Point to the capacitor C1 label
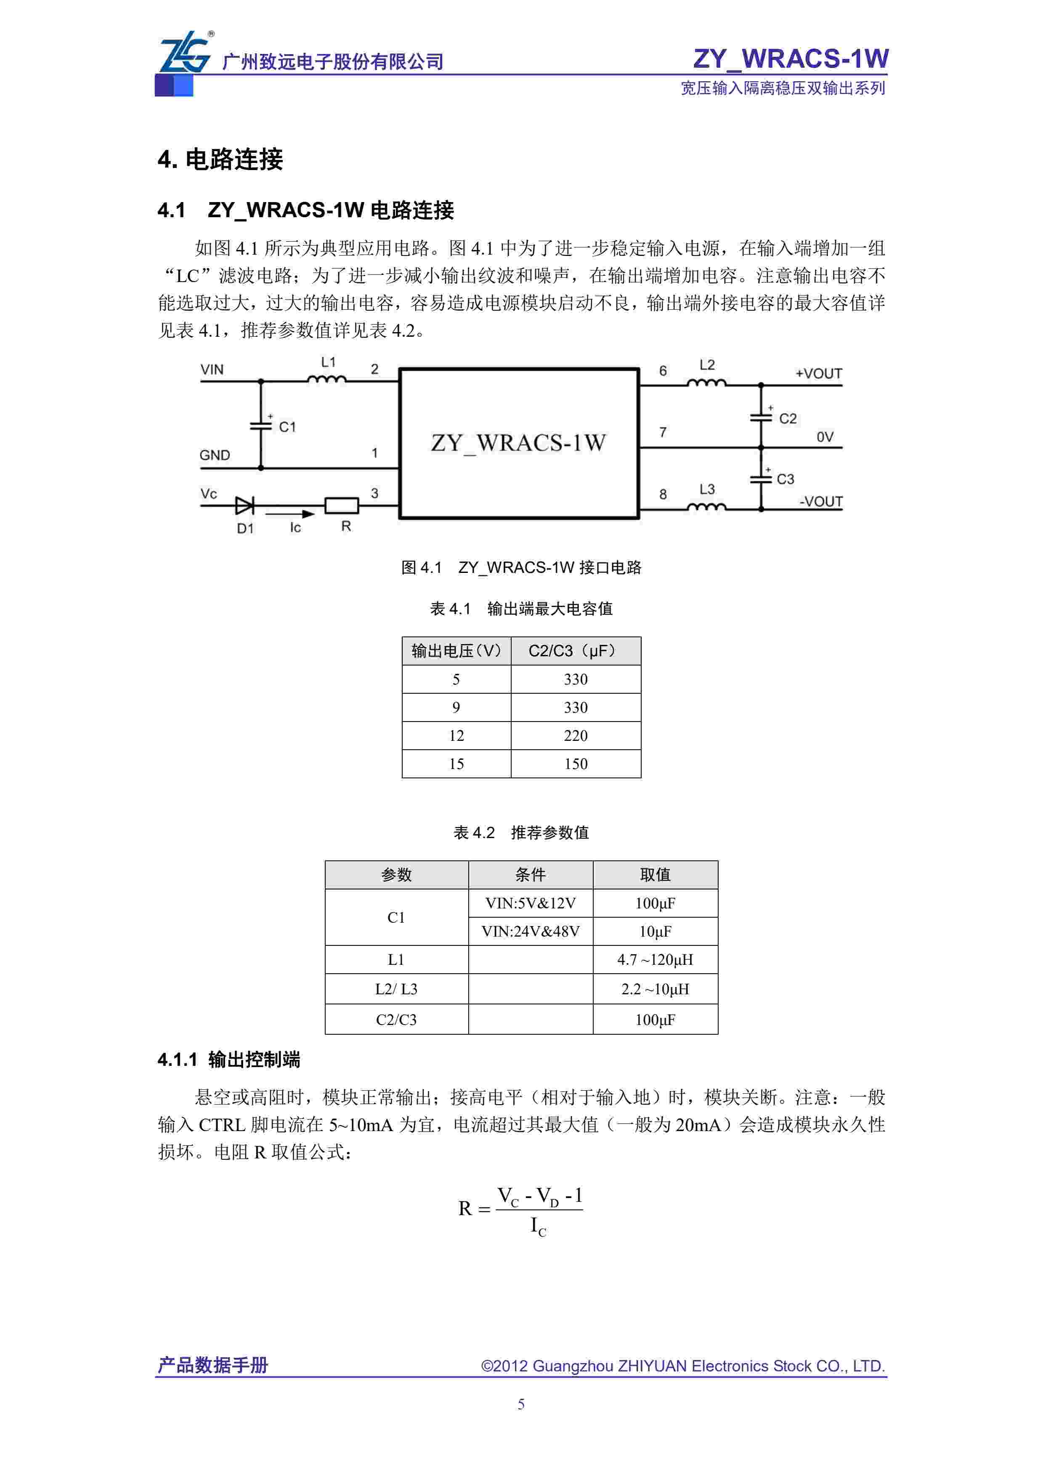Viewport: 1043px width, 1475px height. (x=287, y=426)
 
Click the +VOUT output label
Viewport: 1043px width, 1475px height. (x=818, y=373)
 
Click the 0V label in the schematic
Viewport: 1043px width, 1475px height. (x=825, y=437)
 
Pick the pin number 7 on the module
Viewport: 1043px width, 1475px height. (x=663, y=432)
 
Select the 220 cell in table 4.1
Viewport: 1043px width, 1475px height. (x=576, y=735)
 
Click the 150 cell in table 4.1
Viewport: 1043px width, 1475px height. (x=576, y=764)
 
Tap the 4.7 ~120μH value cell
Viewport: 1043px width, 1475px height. (x=655, y=960)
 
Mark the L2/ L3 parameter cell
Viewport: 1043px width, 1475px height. (x=396, y=989)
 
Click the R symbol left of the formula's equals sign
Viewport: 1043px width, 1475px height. (x=465, y=1209)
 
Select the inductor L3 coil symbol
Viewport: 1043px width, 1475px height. (x=706, y=508)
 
